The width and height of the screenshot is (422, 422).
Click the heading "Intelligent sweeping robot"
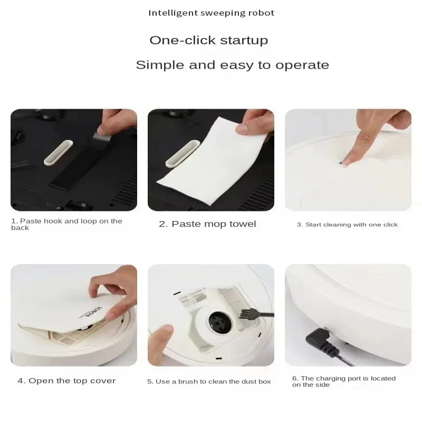point(211,13)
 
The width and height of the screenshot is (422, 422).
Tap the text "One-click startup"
point(208,40)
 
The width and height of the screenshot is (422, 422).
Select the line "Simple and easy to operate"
point(232,65)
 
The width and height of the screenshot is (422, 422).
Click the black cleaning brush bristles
point(246,313)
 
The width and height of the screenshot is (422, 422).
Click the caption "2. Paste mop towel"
point(207,224)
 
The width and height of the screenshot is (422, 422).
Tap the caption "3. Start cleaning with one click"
point(347,225)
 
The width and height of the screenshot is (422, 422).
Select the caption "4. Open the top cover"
point(66,381)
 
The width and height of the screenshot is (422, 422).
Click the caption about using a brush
point(209,381)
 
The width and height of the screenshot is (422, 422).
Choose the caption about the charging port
point(343,381)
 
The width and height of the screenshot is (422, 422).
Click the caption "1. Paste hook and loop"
point(66,224)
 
